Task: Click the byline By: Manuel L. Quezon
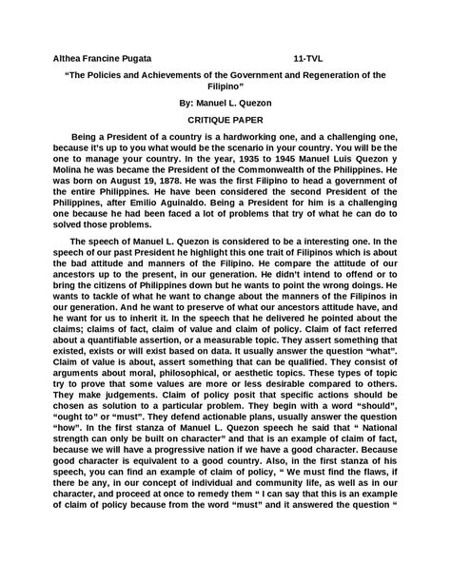tap(225, 102)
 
